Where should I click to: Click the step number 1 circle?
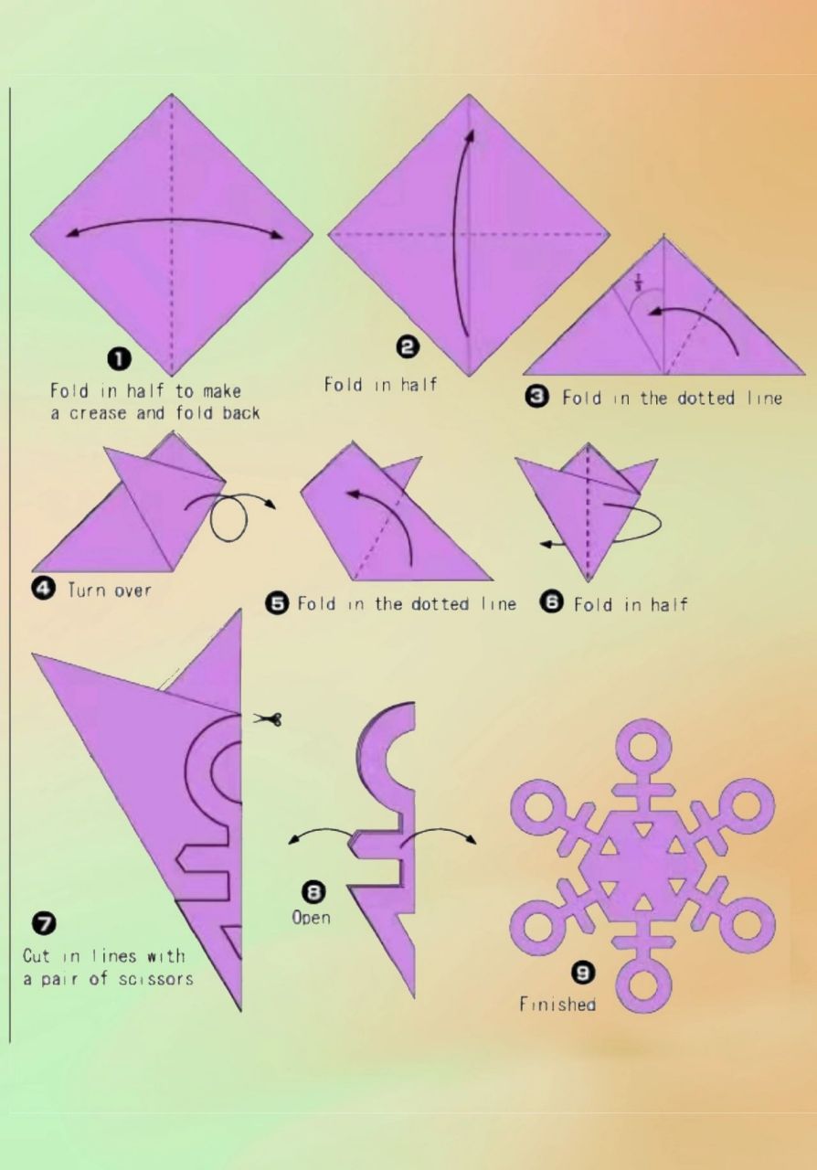pos(119,359)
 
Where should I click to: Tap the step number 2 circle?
pos(408,346)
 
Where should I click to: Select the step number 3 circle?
pos(537,397)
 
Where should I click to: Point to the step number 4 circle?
pos(43,590)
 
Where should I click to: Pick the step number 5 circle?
pos(277,604)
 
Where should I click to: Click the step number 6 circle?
pos(552,602)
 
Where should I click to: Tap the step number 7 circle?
pos(45,923)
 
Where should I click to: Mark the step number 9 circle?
pos(584,972)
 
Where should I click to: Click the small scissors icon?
pos(268,719)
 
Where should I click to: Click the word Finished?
pos(557,1004)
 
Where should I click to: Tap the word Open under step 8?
pos(312,917)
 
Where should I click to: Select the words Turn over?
pos(109,590)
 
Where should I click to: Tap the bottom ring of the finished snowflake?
pos(643,986)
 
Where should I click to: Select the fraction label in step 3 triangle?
pos(638,282)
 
